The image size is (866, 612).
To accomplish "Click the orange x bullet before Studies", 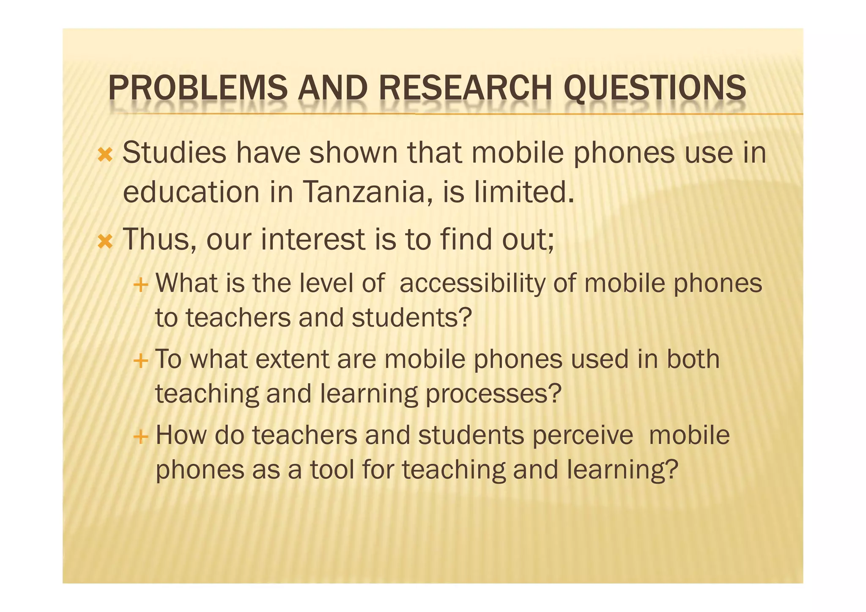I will (x=105, y=156).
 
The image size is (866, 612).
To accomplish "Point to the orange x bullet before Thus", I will (x=105, y=242).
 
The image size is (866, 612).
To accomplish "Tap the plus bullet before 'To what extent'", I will (x=140, y=361).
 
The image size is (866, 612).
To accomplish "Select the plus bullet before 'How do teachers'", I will (x=140, y=437).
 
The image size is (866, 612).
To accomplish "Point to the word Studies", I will (x=174, y=153).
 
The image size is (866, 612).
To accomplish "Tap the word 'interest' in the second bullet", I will (x=313, y=239).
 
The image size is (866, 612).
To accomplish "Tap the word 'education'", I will (x=191, y=192).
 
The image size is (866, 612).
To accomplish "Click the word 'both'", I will (x=693, y=360).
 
